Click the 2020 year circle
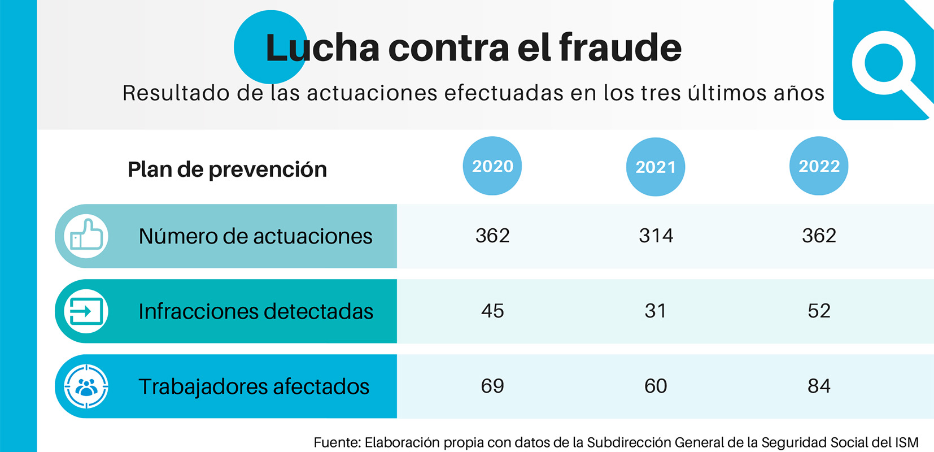click(492, 166)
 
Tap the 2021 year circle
click(655, 167)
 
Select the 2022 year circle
click(819, 166)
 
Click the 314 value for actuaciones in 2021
click(656, 236)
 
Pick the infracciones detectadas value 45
click(492, 311)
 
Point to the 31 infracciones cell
click(655, 311)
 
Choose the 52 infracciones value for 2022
click(819, 311)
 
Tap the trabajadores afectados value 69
click(492, 386)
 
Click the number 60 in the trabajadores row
click(655, 386)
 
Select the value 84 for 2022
click(819, 386)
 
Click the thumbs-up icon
click(86, 236)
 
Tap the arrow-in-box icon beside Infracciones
click(86, 311)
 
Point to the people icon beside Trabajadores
click(86, 386)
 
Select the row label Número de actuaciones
click(255, 236)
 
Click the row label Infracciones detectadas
click(256, 311)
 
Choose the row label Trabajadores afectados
click(254, 386)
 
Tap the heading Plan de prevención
click(227, 169)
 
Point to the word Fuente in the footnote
click(337, 442)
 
